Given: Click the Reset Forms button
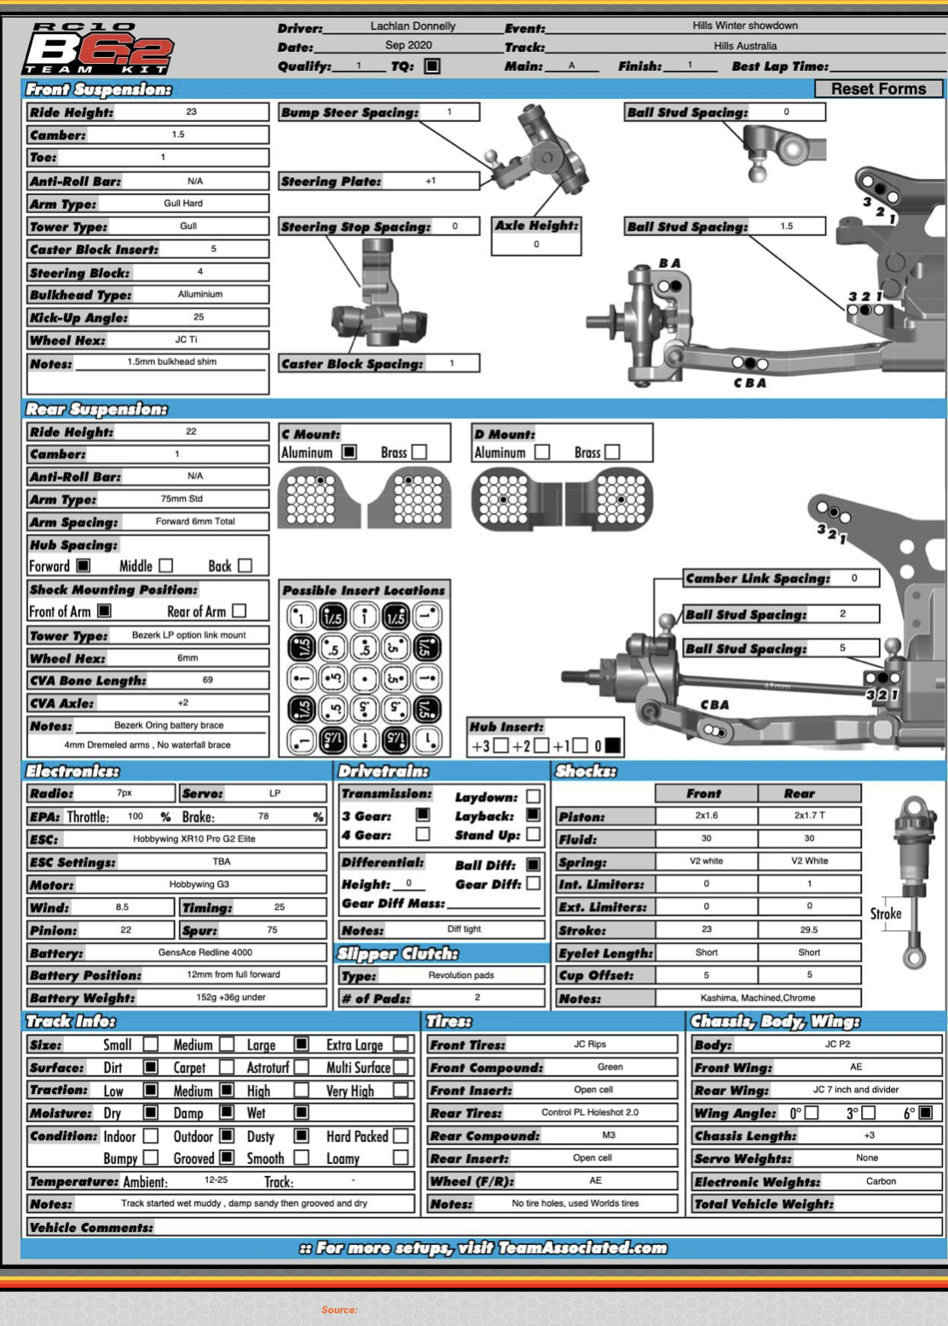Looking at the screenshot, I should (x=878, y=89).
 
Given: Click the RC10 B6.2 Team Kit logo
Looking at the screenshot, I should (x=99, y=49).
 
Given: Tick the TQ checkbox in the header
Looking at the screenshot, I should (x=432, y=66).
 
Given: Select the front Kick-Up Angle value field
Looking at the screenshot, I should (x=199, y=317).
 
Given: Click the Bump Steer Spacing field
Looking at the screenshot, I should (x=448, y=112).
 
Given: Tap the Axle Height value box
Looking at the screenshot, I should (x=536, y=244).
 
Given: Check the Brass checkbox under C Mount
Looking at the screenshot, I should (x=419, y=452).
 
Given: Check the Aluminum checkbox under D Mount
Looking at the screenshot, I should (x=542, y=452).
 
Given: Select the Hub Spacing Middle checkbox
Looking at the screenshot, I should (x=166, y=565).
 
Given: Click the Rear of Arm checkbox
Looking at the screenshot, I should (x=240, y=611).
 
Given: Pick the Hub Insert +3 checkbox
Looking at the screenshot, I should (x=501, y=746).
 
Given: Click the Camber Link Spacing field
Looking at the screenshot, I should (x=854, y=578).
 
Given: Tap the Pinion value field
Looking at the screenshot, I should (x=126, y=930).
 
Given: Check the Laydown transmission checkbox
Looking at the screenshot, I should (x=534, y=796).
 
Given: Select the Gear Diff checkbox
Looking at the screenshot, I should (x=534, y=884).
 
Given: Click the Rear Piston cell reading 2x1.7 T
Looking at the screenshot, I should (x=809, y=816).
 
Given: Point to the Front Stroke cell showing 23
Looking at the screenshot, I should (x=706, y=930).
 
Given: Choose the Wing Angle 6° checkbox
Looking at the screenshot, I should (x=926, y=1113).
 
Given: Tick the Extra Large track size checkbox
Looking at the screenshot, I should (x=401, y=1045).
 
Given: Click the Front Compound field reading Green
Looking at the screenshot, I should (x=610, y=1067).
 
